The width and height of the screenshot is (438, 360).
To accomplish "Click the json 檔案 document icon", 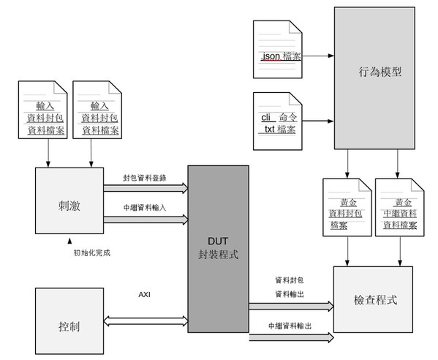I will tap(277, 50).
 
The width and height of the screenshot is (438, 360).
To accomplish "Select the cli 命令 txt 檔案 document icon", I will tap(277, 120).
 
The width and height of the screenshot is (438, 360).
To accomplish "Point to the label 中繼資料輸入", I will tap(145, 207).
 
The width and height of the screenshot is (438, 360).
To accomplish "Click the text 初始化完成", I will tap(92, 252).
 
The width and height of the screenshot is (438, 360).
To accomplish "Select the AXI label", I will tap(145, 296).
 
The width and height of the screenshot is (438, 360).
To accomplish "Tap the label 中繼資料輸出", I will tap(290, 326).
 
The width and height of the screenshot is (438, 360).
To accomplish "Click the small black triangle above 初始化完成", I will tap(71, 240).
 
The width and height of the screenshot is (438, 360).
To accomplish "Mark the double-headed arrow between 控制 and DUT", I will tap(145, 320).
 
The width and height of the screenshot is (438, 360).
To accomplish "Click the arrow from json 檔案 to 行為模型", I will tap(319, 55).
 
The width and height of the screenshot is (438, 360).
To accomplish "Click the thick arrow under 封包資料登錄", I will tap(145, 188).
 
